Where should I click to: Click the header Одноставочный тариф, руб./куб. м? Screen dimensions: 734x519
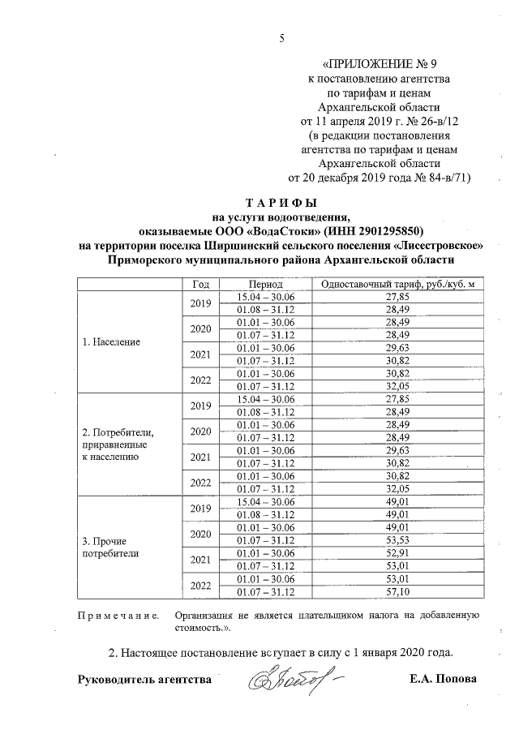[x=397, y=285]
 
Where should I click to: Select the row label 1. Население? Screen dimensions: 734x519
[x=111, y=342]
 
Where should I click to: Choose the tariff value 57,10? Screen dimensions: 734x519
[x=397, y=592]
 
